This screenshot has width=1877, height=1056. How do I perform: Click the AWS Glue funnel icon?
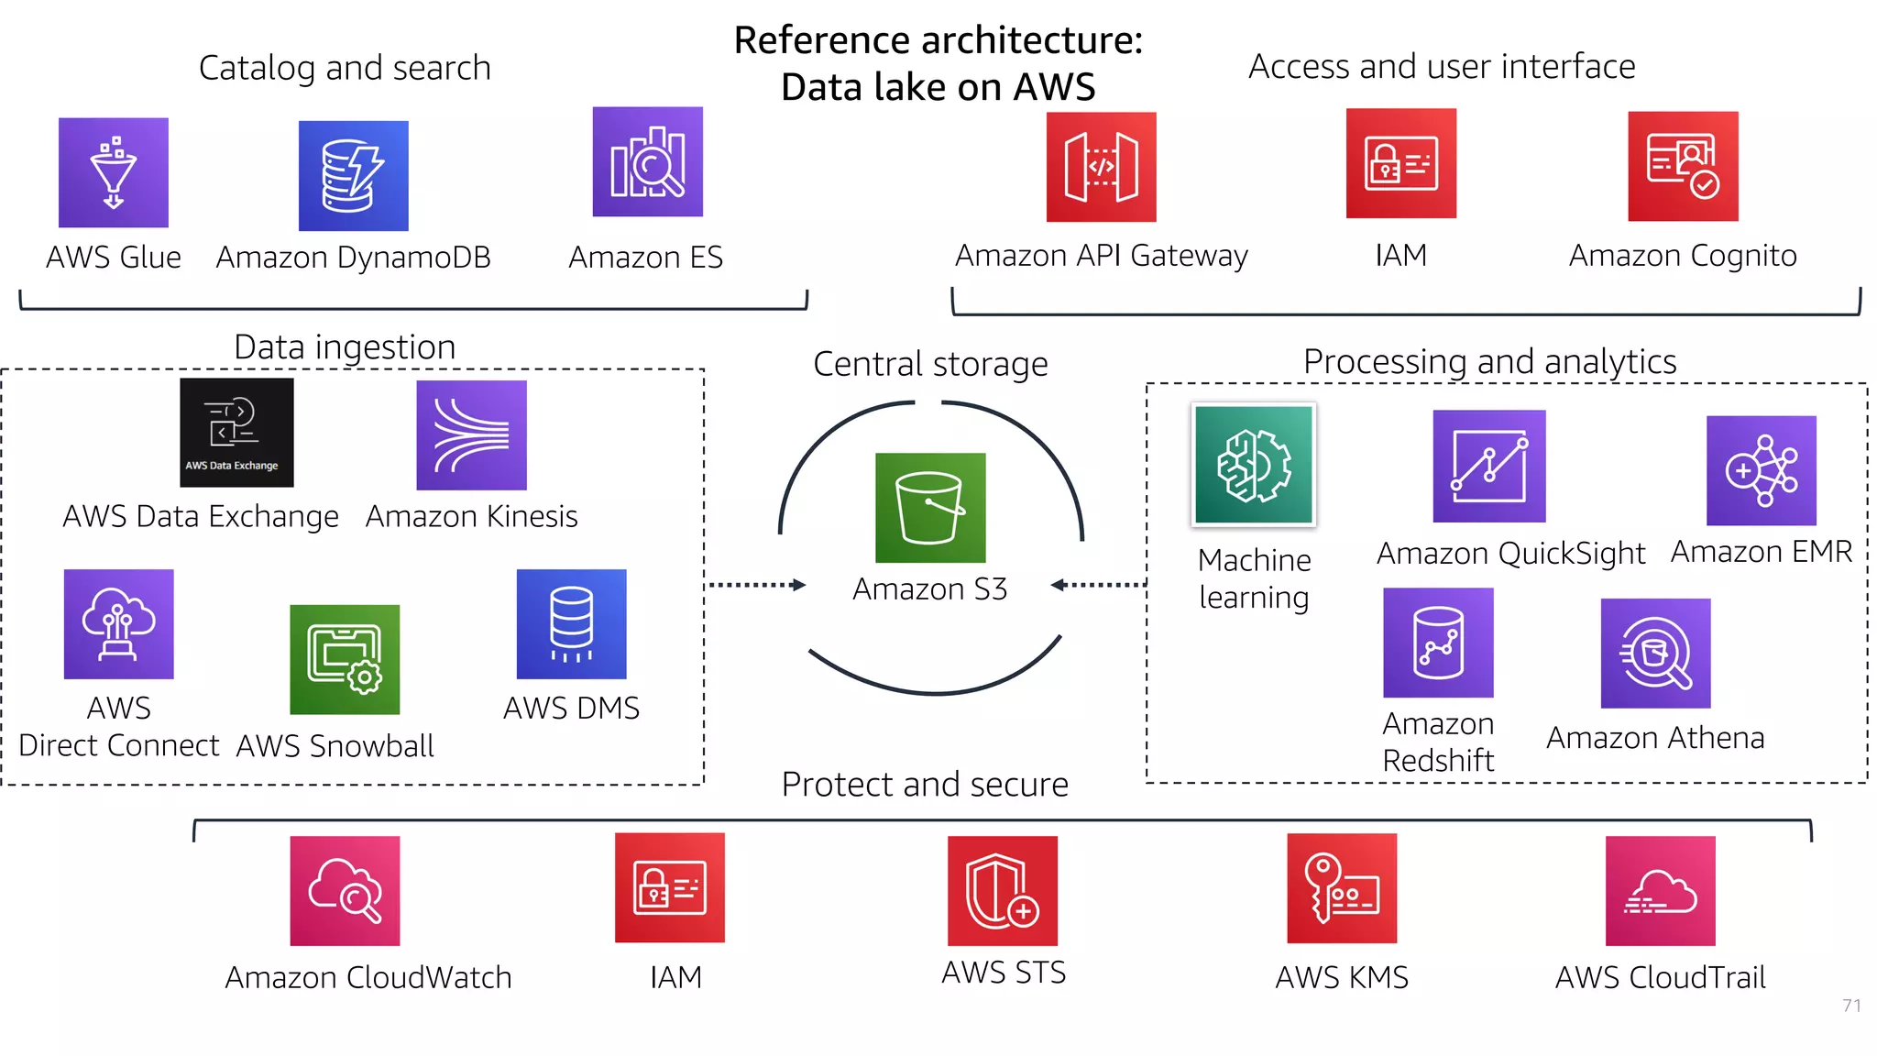tap(114, 172)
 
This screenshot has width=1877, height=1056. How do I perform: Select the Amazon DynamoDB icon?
tap(353, 176)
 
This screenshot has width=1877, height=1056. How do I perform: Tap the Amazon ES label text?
tap(645, 258)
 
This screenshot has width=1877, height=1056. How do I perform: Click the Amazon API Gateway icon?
tap(1101, 167)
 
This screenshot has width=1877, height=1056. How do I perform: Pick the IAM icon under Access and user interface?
tap(1400, 163)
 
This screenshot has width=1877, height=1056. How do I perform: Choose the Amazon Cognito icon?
tap(1683, 166)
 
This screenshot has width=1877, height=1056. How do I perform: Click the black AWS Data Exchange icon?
tap(236, 433)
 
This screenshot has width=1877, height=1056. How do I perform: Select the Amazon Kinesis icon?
tap(471, 435)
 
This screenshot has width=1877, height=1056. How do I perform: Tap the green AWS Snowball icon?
tap(345, 659)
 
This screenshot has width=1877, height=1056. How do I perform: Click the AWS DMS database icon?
tap(571, 624)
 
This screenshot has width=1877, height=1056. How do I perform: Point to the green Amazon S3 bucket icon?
tap(930, 508)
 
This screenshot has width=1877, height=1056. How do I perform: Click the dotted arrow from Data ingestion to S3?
tap(757, 585)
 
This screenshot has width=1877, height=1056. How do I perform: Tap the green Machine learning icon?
tap(1253, 465)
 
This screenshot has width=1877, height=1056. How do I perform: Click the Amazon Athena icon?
tap(1655, 654)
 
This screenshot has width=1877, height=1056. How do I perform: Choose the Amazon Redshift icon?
tap(1438, 643)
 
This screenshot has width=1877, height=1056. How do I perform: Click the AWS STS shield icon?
tap(1002, 891)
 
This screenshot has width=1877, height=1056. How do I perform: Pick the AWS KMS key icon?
tap(1342, 888)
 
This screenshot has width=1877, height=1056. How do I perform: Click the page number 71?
tap(1851, 1006)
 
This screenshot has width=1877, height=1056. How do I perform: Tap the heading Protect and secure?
tap(925, 785)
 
